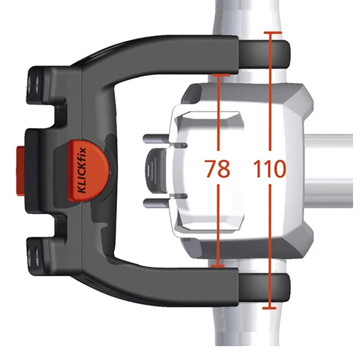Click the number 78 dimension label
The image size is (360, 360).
[x=217, y=168]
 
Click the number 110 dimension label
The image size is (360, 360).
[x=269, y=168]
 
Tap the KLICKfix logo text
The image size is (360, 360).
[x=82, y=170]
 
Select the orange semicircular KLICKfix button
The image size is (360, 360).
[x=88, y=170]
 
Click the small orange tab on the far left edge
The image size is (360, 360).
[x=20, y=171]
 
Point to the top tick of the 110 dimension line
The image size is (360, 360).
[x=273, y=33]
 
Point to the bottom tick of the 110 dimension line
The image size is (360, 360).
[x=269, y=308]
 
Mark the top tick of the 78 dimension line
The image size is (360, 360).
[x=221, y=75]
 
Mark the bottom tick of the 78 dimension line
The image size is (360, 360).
[x=217, y=267]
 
